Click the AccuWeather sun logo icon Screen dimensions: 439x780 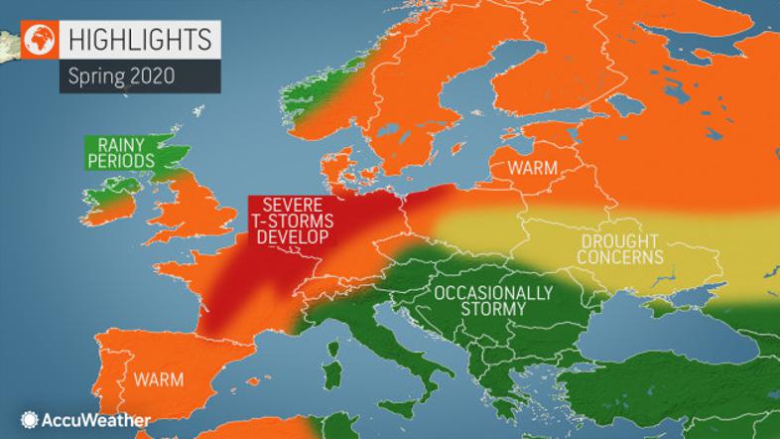pos(28,420)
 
